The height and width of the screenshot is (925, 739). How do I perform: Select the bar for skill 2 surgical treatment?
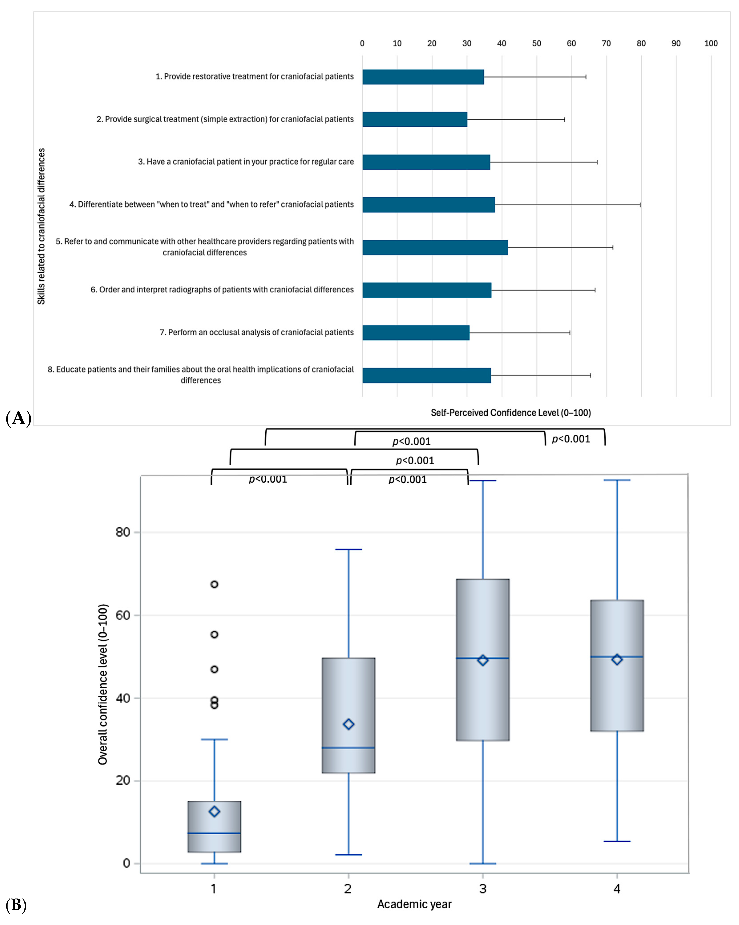(414, 119)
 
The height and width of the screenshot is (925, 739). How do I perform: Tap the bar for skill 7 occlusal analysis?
(416, 332)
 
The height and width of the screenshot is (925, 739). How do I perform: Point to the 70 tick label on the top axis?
(606, 43)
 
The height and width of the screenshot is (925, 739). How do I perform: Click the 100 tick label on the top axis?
(711, 43)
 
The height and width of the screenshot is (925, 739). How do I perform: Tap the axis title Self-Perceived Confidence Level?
(510, 413)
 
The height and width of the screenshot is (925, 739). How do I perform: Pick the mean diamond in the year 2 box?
(348, 724)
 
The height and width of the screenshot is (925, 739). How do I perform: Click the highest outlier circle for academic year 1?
(214, 584)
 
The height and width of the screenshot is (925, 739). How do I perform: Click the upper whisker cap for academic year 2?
(348, 549)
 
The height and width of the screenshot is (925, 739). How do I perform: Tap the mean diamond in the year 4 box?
(617, 660)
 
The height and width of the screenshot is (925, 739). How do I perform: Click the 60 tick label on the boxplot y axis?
(123, 615)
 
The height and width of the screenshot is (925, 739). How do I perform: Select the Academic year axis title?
(414, 904)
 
